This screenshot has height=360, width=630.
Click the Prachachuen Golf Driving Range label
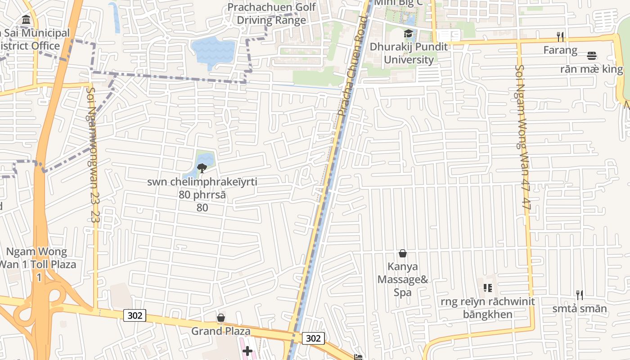click(x=271, y=14)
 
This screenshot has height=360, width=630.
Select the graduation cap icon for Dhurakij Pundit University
click(x=408, y=33)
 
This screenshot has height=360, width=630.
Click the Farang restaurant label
click(x=560, y=50)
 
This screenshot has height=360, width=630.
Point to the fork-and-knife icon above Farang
click(x=560, y=36)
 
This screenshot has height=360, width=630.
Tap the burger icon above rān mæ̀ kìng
click(x=591, y=56)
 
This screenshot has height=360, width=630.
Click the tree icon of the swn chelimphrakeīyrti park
click(x=202, y=168)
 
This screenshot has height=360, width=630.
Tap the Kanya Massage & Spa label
click(x=402, y=279)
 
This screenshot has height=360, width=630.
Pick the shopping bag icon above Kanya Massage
click(x=403, y=254)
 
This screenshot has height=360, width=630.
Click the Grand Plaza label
click(x=220, y=331)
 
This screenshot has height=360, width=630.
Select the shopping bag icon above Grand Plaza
click(x=221, y=318)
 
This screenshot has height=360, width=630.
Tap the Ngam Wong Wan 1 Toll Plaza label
click(x=39, y=265)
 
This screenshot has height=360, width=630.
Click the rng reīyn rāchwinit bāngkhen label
click(x=488, y=307)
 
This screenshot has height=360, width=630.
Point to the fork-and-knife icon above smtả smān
click(x=580, y=295)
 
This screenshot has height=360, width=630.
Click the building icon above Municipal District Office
click(x=26, y=20)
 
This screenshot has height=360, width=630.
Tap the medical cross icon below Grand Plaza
click(x=247, y=351)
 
